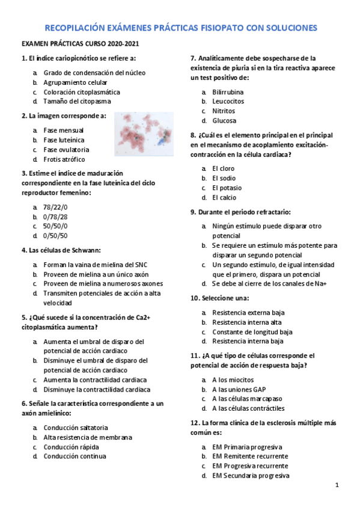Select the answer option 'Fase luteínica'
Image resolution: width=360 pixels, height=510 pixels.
[x=64, y=140]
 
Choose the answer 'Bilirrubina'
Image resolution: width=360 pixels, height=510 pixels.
[x=228, y=92]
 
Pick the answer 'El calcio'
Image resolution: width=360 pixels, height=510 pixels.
[x=224, y=197]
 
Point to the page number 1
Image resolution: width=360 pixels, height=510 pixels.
[x=337, y=485]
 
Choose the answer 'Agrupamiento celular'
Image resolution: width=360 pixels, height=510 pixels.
[x=76, y=82]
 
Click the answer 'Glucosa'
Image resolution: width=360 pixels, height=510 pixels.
[x=224, y=121]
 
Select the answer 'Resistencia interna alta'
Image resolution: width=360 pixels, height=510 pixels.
[x=247, y=322]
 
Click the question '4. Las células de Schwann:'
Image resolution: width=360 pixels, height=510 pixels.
[x=61, y=250]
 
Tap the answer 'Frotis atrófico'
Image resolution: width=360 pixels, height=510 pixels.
[x=64, y=159]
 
